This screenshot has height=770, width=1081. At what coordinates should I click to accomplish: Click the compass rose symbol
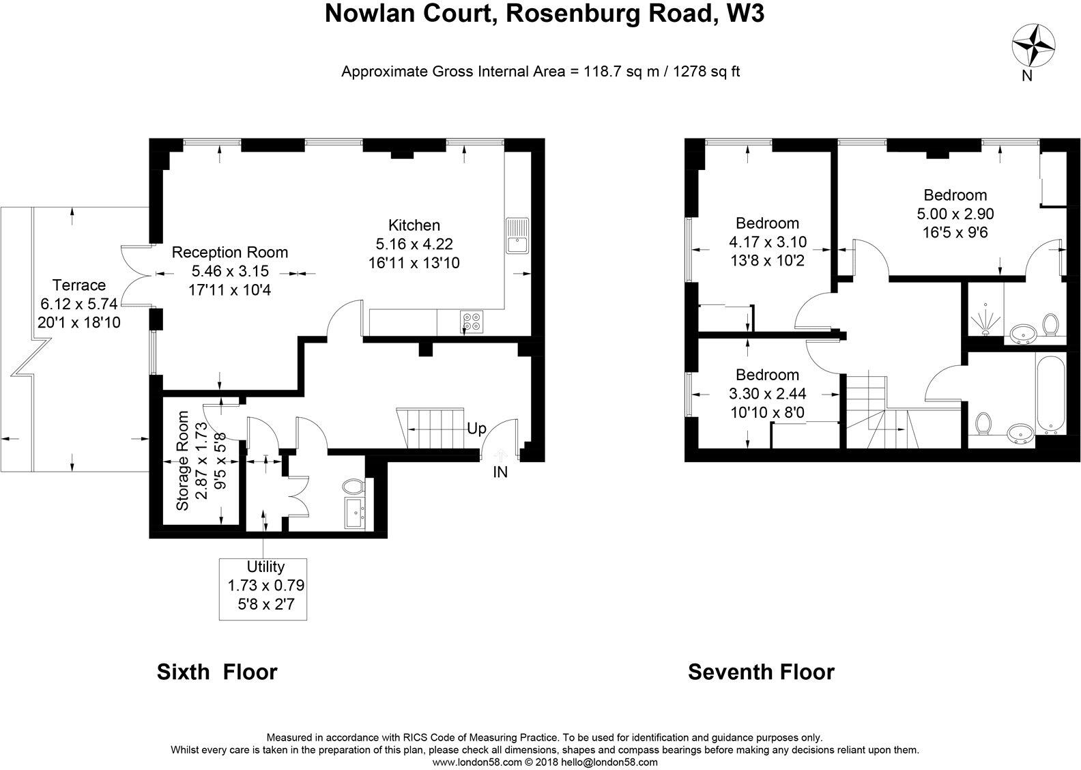pyautogui.click(x=1034, y=46)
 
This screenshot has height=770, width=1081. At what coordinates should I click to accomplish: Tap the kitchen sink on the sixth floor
pyautogui.click(x=517, y=236)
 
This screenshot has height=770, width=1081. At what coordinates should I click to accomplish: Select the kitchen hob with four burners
pyautogui.click(x=471, y=319)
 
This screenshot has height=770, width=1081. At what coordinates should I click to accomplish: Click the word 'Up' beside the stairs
pyautogui.click(x=476, y=429)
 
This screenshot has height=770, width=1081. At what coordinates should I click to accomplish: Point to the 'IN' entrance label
pyautogui.click(x=500, y=472)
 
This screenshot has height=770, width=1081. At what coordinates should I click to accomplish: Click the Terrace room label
pyautogui.click(x=79, y=285)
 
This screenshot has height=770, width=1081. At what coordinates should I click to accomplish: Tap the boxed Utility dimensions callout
pyautogui.click(x=263, y=589)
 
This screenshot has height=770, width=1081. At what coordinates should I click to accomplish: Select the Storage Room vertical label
pyautogui.click(x=182, y=461)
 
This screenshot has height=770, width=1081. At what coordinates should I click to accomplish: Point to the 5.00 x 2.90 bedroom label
pyautogui.click(x=955, y=213)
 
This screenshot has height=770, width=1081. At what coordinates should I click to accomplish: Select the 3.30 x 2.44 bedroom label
pyautogui.click(x=767, y=393)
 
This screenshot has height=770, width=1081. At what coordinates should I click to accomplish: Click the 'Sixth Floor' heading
pyautogui.click(x=217, y=672)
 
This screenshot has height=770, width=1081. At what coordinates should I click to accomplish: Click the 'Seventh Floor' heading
pyautogui.click(x=760, y=672)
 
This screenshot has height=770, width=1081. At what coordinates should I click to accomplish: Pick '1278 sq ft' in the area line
pyautogui.click(x=707, y=71)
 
